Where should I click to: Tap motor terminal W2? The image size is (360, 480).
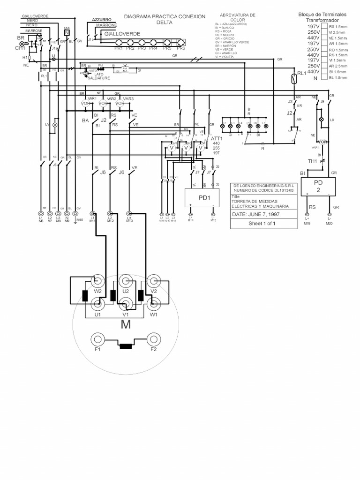click(x=97, y=282)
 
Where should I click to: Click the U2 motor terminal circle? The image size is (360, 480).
click(x=125, y=282)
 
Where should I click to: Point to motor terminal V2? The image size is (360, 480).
click(x=153, y=282)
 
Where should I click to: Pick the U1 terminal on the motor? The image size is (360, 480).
click(x=97, y=305)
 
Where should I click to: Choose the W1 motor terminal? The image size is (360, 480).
click(x=153, y=305)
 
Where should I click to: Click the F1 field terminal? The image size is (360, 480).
click(x=97, y=339)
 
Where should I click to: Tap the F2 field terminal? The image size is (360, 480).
click(x=153, y=339)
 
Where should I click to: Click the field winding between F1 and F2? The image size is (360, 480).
click(x=125, y=347)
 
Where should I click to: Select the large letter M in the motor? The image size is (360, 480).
click(x=125, y=324)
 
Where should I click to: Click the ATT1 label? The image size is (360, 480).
click(x=216, y=139)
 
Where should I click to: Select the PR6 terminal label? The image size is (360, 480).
click(x=181, y=48)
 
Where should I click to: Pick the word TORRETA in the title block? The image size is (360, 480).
click(x=243, y=202)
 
